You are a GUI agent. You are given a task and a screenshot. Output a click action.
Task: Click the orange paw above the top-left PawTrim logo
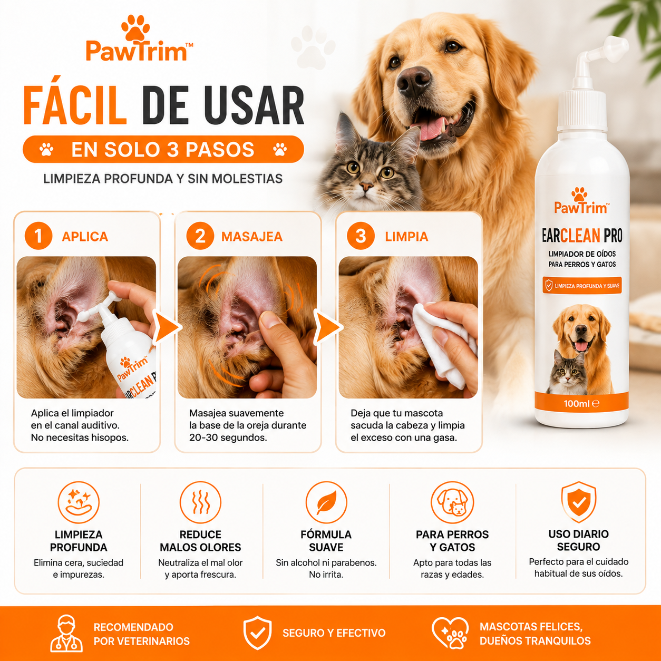point(135,28)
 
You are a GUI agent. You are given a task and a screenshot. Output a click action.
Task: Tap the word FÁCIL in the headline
point(75,105)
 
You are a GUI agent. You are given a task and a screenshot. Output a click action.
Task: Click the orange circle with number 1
point(38,236)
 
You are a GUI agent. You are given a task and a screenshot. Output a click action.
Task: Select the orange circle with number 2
point(200,236)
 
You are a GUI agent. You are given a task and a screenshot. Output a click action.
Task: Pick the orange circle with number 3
point(361,236)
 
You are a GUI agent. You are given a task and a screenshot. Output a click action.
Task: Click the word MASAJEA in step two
point(252,237)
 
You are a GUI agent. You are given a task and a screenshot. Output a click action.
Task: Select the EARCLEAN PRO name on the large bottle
point(582,236)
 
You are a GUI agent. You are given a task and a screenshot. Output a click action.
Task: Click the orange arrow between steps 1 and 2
point(167,327)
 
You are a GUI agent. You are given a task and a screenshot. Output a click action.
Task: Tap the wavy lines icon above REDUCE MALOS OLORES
point(200,502)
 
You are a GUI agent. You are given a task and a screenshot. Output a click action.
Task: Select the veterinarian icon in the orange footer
point(66,633)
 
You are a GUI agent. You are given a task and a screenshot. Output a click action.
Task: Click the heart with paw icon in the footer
point(450,633)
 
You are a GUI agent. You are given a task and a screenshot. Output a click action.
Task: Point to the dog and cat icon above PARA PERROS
point(452,502)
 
